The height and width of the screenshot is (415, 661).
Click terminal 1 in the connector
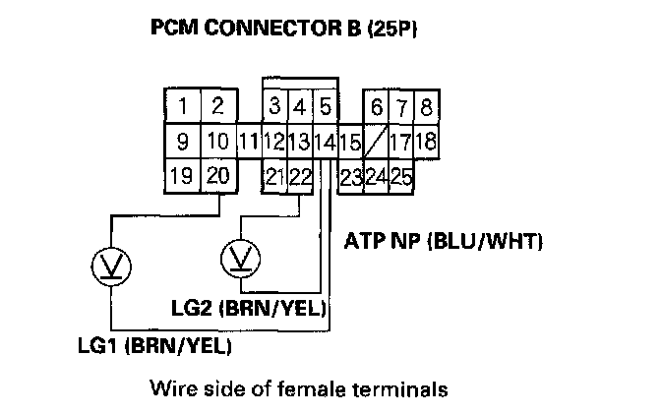tap(183, 105)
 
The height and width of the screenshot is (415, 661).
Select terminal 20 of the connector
tap(217, 177)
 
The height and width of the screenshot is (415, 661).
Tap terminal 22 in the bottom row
tap(301, 177)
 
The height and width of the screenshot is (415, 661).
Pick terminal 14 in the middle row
tap(324, 142)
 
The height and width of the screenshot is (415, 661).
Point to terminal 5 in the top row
tap(326, 105)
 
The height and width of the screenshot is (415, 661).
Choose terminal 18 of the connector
tap(425, 142)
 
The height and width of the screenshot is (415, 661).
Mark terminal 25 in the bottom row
tap(400, 177)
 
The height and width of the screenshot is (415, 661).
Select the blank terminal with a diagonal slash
tap(376, 142)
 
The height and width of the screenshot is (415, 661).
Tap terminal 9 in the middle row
tap(183, 142)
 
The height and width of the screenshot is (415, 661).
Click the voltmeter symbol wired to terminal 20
tap(104, 264)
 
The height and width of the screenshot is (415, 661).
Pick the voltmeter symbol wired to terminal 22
tap(237, 259)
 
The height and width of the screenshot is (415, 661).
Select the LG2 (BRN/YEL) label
tap(249, 309)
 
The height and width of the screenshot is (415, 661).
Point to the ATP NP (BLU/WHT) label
tap(444, 240)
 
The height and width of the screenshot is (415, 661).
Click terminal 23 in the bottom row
tap(350, 177)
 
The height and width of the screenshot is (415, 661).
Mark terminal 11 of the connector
tap(248, 142)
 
